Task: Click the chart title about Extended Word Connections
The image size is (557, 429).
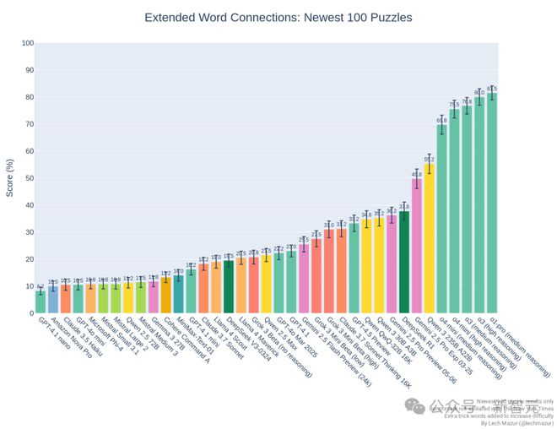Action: pos(278,17)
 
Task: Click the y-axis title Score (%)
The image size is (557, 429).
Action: pos(10,178)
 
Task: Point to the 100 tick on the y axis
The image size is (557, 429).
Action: pos(28,43)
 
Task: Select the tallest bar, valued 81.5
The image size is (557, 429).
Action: pos(492,203)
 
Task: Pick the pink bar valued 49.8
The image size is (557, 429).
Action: pos(417,246)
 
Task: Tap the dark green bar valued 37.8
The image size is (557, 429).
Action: pos(404,262)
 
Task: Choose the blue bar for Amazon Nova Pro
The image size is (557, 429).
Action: pos(52,300)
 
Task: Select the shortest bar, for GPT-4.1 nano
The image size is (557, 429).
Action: pos(40,302)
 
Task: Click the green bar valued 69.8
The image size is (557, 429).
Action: pos(441,219)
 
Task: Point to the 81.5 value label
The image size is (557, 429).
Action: pos(492,88)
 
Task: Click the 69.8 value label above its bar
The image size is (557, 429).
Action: pos(441,120)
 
